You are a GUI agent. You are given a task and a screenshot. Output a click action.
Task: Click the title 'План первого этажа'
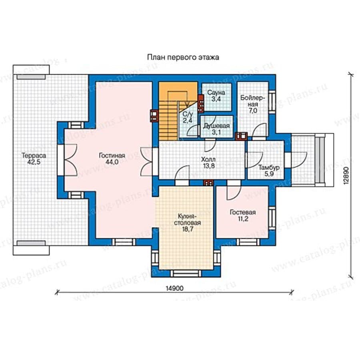(x=183, y=57)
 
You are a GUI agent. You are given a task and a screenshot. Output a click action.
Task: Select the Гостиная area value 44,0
(x=112, y=162)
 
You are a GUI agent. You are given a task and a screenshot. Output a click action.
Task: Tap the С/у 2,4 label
(x=188, y=117)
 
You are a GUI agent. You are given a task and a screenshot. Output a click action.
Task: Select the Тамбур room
(x=266, y=160)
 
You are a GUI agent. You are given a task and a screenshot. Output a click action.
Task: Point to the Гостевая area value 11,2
(x=243, y=219)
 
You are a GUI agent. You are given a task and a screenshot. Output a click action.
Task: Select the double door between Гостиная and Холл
(x=146, y=162)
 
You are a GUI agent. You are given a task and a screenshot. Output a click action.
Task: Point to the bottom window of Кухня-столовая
(x=186, y=274)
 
